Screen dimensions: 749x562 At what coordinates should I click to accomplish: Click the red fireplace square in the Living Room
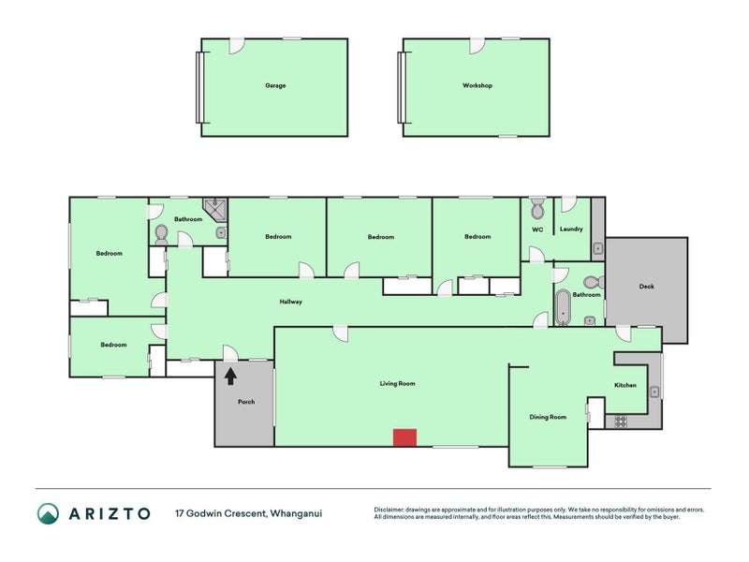(404, 437)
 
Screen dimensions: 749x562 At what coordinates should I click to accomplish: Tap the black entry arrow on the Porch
(230, 376)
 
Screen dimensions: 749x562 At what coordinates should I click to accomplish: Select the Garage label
(275, 85)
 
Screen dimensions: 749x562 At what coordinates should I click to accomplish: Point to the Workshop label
(477, 85)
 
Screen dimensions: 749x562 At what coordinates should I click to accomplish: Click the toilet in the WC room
(537, 208)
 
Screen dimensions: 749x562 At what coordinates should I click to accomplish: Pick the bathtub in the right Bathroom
(564, 307)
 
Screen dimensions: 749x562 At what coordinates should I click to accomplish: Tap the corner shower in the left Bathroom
(215, 210)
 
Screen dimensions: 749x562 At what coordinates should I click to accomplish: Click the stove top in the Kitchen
(621, 421)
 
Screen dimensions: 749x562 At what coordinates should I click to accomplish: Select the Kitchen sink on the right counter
(654, 392)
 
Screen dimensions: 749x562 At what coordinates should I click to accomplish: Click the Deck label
(646, 287)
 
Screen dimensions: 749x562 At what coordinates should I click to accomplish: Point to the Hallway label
(291, 302)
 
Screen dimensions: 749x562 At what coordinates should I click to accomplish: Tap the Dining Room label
(548, 417)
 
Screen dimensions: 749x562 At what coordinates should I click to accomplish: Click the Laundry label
(571, 229)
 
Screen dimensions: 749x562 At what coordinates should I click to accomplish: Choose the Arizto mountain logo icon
(49, 513)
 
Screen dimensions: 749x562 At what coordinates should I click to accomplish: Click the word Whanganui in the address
(296, 513)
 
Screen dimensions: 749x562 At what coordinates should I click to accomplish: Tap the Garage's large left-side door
(199, 87)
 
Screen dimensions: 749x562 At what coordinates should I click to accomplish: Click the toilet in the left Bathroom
(161, 235)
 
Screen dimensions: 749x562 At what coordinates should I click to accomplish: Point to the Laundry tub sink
(597, 248)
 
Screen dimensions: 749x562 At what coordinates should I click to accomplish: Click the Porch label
(246, 402)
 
